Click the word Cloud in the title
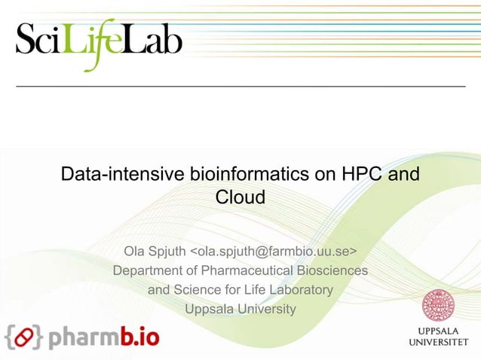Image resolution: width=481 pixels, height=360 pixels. click(240, 198)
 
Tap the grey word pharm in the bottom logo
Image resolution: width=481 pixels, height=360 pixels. click(82, 337)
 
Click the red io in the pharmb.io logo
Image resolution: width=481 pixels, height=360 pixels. click(147, 336)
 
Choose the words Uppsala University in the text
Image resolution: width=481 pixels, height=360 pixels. click(240, 310)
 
